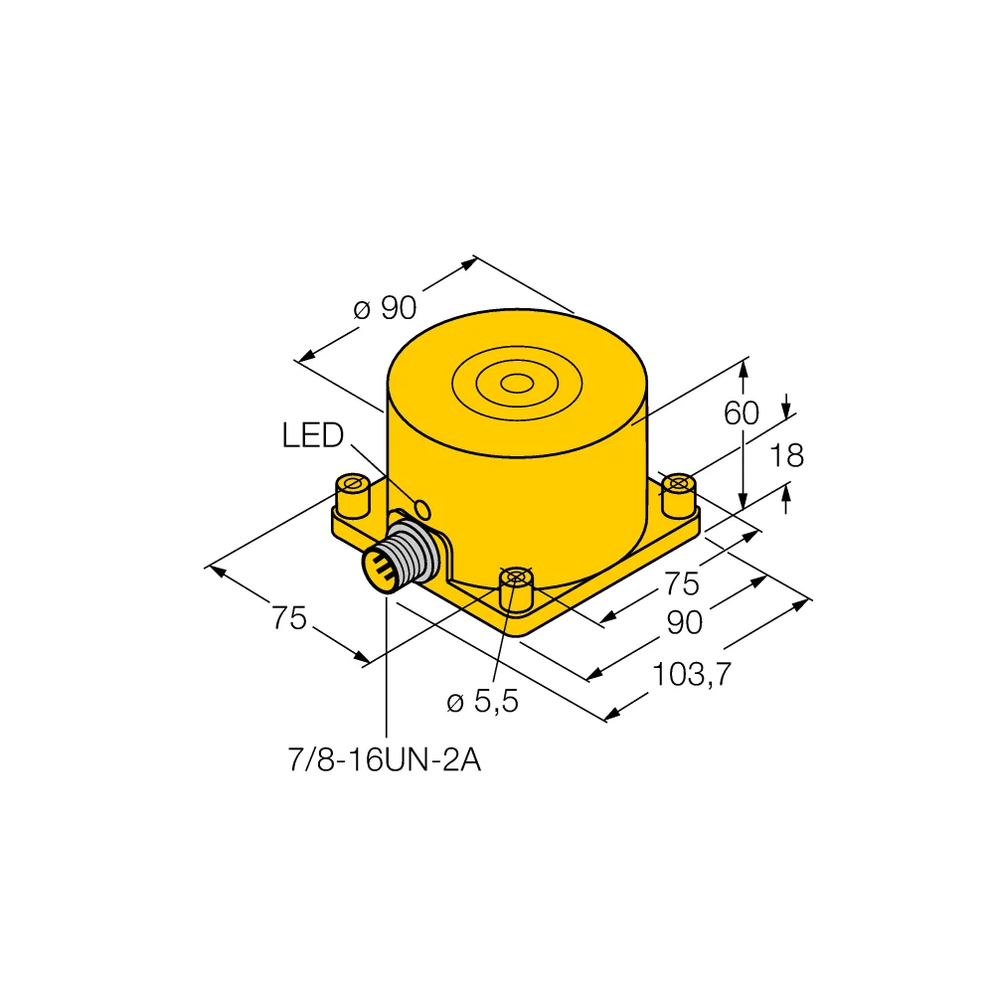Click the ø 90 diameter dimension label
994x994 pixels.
(385, 309)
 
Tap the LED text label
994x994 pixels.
(312, 435)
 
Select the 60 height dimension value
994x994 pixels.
(742, 413)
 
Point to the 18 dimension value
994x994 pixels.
(785, 455)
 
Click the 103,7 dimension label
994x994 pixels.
(692, 676)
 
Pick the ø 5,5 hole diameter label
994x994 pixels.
(482, 702)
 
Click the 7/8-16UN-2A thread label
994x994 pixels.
(383, 760)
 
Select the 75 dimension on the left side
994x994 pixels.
(288, 619)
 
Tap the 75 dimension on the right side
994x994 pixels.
(681, 583)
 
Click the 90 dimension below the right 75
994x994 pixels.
(685, 623)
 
